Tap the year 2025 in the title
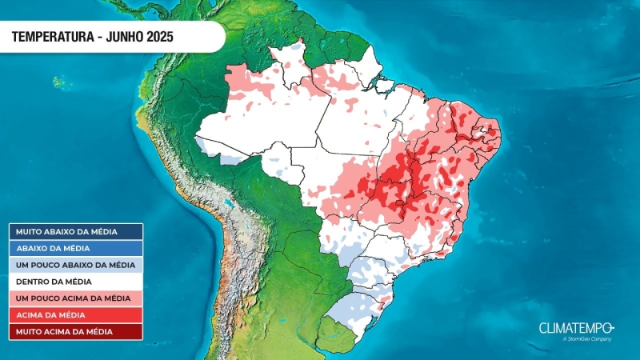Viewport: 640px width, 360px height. tap(158, 37)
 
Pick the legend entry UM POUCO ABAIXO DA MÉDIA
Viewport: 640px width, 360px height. tap(76, 265)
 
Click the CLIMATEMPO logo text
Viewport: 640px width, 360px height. tap(575, 328)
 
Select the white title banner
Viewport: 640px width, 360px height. tap(112, 37)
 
